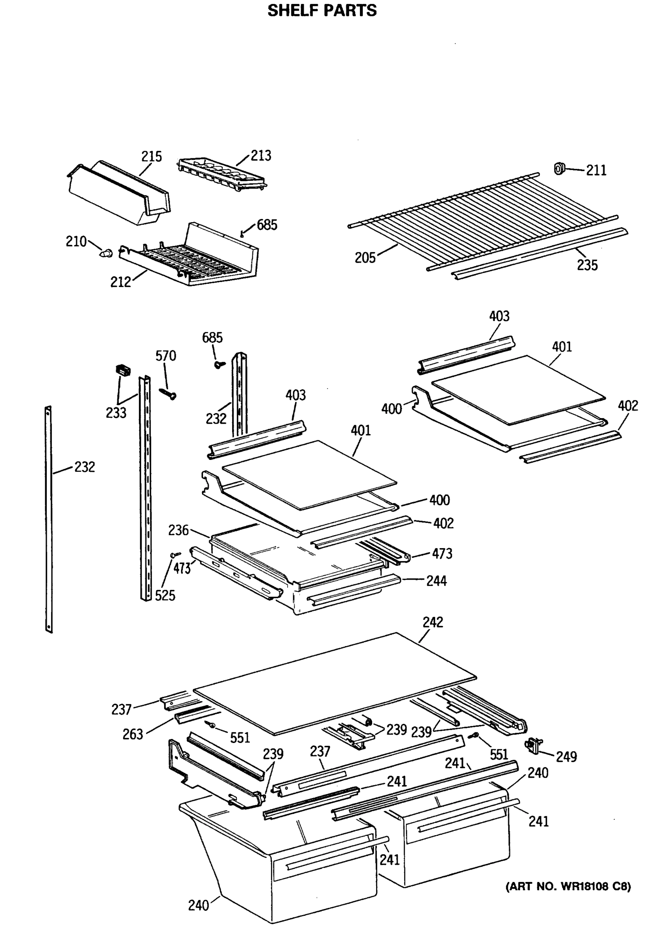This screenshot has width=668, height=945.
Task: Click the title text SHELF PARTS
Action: [x=322, y=10]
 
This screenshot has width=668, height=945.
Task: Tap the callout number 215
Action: [x=151, y=157]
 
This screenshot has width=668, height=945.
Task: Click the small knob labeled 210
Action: [x=107, y=253]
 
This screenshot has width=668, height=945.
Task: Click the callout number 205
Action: [x=365, y=258]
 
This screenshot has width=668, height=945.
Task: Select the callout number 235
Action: [x=587, y=265]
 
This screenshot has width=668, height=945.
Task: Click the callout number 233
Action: [x=116, y=413]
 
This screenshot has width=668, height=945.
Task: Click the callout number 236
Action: [x=178, y=530]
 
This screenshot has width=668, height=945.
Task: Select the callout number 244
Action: [x=436, y=581]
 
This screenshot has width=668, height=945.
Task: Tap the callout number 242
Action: [x=433, y=622]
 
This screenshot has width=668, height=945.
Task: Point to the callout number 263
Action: [x=133, y=734]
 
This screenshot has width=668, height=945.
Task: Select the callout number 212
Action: [x=120, y=282]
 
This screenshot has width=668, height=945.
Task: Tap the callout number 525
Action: [x=165, y=596]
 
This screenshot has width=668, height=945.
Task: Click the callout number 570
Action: [x=165, y=356]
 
